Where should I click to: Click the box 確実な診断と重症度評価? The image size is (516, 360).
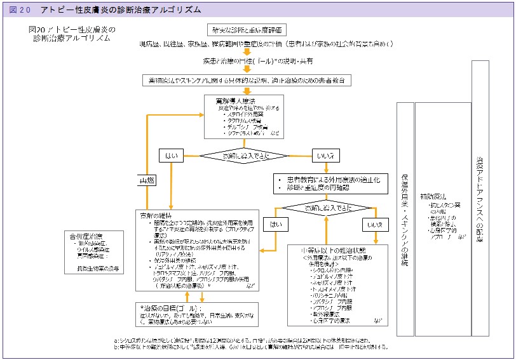pyautogui.click(x=247, y=30)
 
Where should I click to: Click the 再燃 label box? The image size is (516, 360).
pyautogui.click(x=147, y=181)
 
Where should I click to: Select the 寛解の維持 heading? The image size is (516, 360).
pyautogui.click(x=156, y=216)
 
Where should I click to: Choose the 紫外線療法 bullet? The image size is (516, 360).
pyautogui.click(x=327, y=313)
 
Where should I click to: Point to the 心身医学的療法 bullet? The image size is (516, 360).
pyautogui.click(x=332, y=320)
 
